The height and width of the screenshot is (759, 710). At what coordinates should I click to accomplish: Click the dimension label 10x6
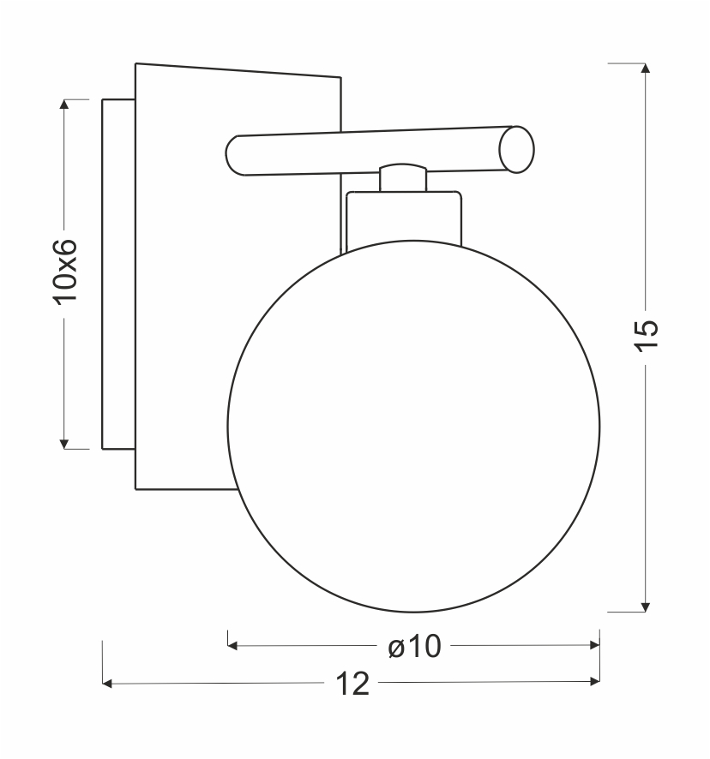click(x=65, y=272)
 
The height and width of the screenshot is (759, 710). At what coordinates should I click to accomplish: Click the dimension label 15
click(x=647, y=336)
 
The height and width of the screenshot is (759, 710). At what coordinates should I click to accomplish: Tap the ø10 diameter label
click(x=414, y=646)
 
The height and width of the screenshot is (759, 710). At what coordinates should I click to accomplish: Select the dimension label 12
click(x=352, y=684)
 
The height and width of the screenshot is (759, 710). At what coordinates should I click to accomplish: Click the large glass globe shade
click(x=413, y=427)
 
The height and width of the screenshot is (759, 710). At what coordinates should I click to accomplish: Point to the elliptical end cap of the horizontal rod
click(x=516, y=150)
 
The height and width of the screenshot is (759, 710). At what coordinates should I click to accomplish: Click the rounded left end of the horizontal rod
click(x=233, y=155)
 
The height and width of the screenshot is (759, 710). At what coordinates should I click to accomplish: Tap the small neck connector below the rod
click(x=403, y=177)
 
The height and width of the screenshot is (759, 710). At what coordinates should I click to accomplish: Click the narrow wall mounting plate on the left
click(x=118, y=274)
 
